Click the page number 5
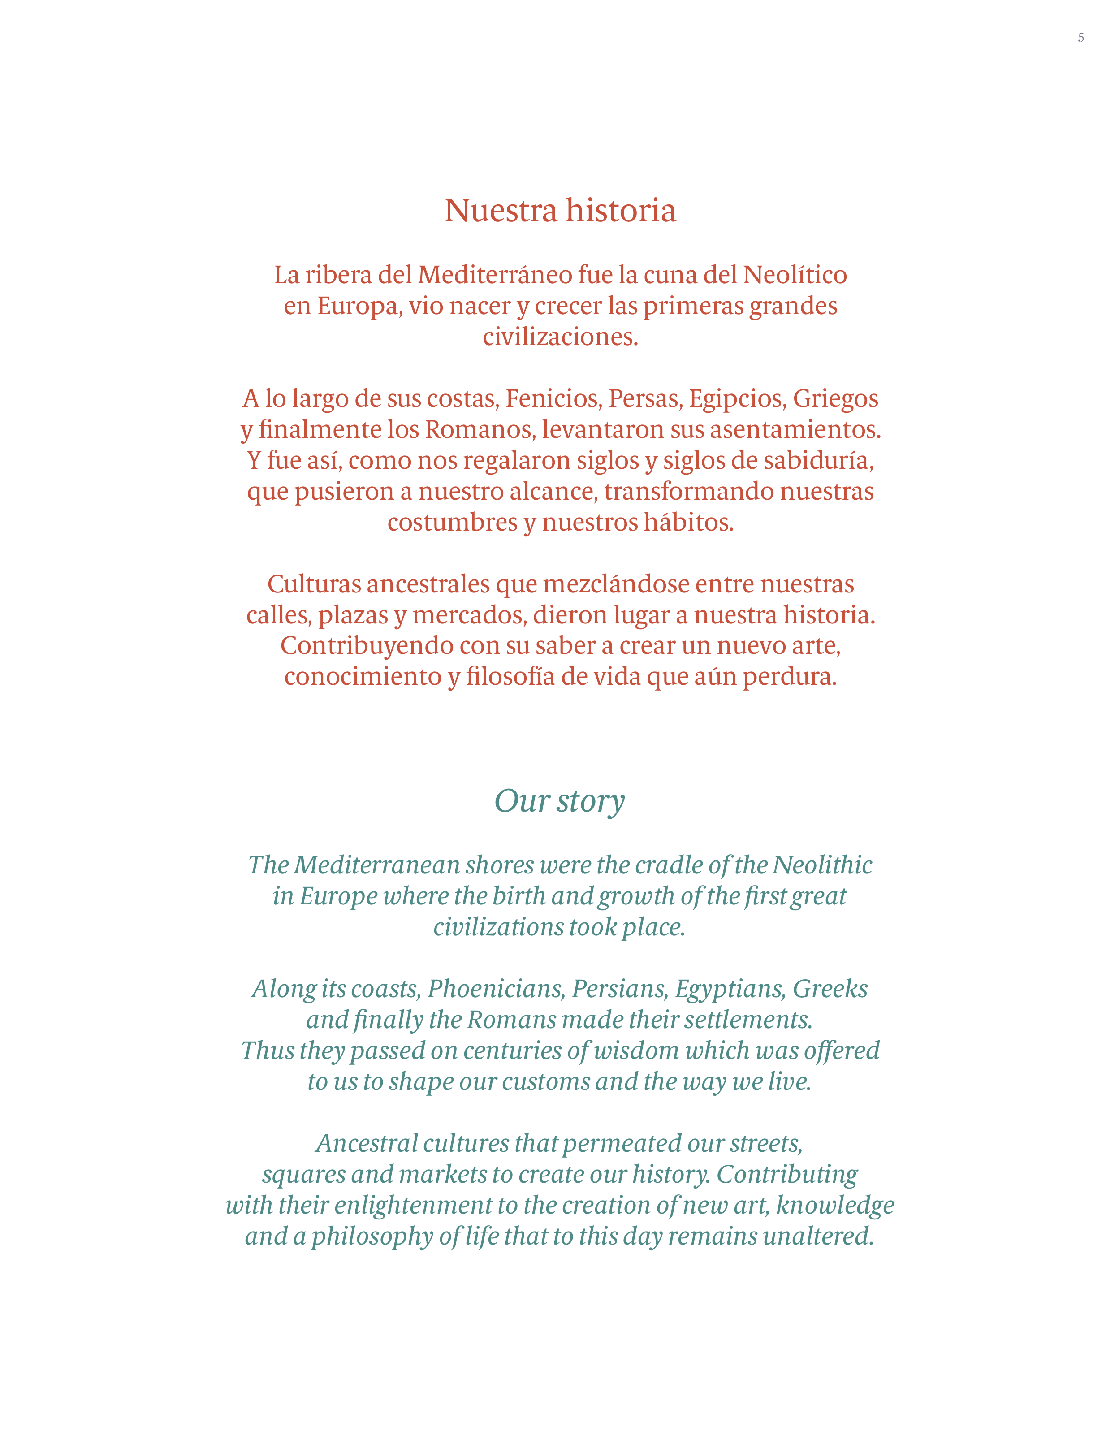1080,38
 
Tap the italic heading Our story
559,801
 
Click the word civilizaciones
560,337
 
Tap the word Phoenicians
496,989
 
